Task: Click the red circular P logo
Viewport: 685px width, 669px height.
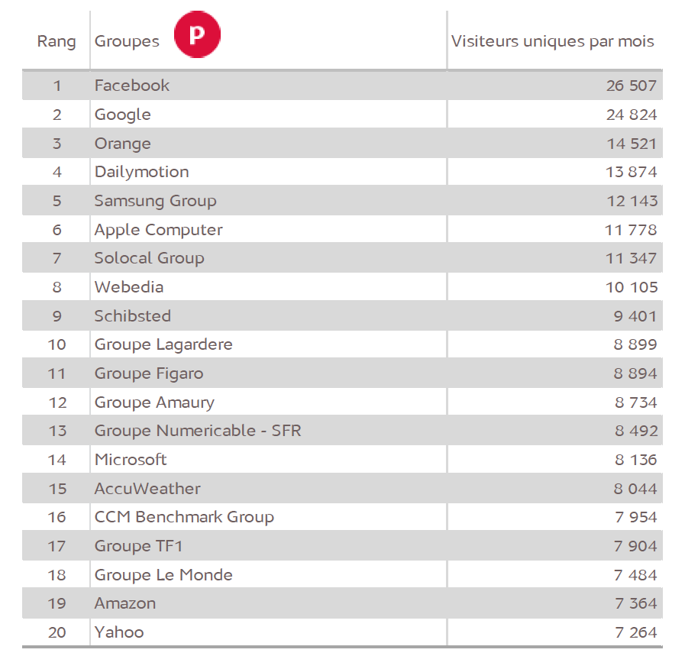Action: click(197, 35)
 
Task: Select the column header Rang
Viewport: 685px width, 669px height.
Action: click(57, 41)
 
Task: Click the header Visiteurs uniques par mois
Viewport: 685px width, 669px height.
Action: click(552, 41)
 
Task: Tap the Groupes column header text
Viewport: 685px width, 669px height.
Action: click(127, 41)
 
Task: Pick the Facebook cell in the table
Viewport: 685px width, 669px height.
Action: click(132, 86)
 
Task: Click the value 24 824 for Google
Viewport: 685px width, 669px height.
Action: click(631, 115)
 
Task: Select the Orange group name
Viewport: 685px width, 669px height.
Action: click(122, 144)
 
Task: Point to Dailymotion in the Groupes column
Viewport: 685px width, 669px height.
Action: click(141, 172)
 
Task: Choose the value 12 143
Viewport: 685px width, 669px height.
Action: click(631, 201)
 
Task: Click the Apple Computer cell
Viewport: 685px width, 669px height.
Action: click(158, 230)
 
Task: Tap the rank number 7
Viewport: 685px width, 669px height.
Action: click(57, 258)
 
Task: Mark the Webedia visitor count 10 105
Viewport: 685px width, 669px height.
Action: click(631, 287)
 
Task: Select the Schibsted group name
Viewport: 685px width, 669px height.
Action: click(132, 316)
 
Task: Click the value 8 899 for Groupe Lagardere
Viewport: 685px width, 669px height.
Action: click(635, 344)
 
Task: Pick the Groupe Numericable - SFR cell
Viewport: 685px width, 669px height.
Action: click(198, 431)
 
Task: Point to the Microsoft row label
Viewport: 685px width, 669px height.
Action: click(131, 460)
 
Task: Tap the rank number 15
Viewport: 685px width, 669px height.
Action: click(57, 489)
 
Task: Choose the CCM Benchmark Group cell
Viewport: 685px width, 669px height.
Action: click(184, 517)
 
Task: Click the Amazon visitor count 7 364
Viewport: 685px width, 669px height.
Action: click(635, 603)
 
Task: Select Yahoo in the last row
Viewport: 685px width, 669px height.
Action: click(119, 632)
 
